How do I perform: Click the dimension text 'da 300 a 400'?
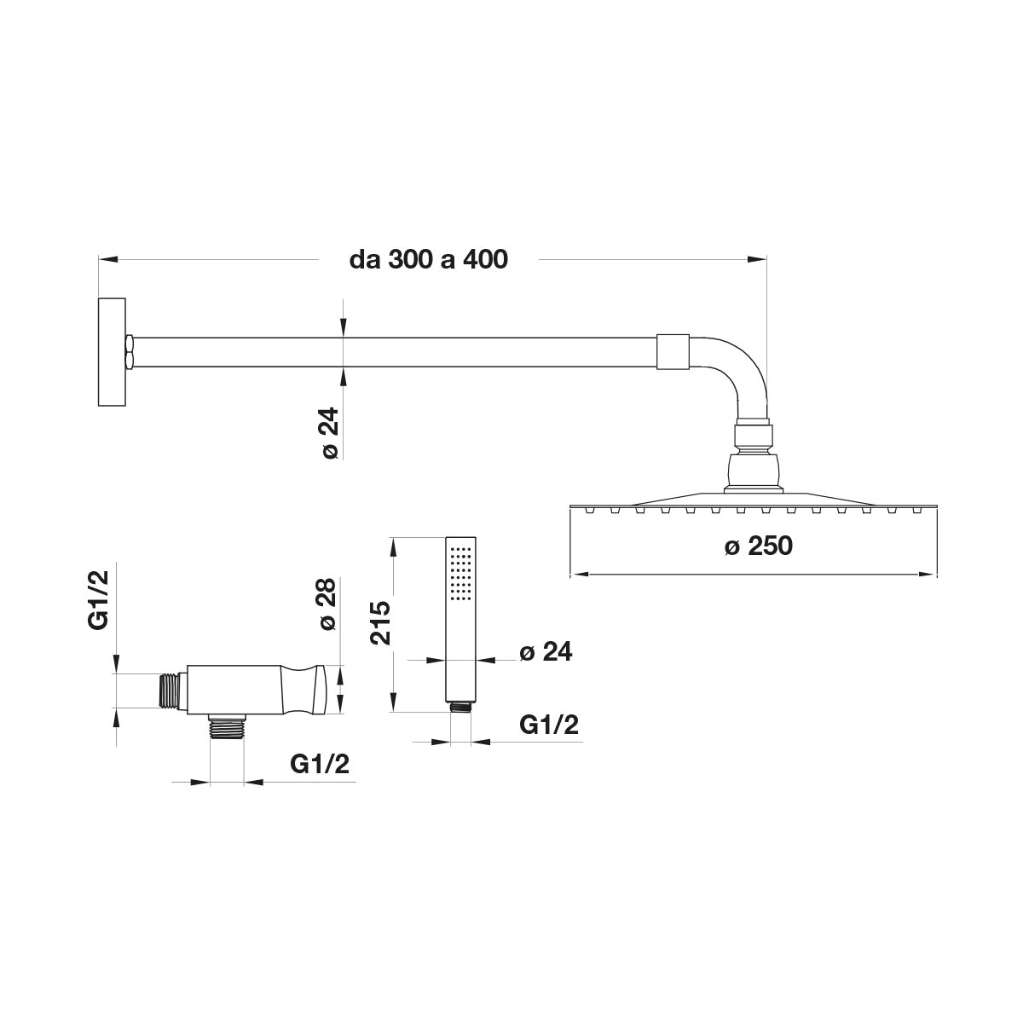click(x=429, y=260)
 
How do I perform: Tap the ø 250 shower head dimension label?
click(x=758, y=546)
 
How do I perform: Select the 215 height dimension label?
click(x=380, y=622)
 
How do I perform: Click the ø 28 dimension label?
click(x=328, y=604)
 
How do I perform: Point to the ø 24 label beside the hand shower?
click(x=546, y=652)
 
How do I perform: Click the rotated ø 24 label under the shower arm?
click(x=330, y=433)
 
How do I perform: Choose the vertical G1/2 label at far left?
click(x=98, y=599)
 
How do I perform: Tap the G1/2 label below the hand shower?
click(x=548, y=725)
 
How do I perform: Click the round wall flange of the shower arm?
click(x=112, y=352)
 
